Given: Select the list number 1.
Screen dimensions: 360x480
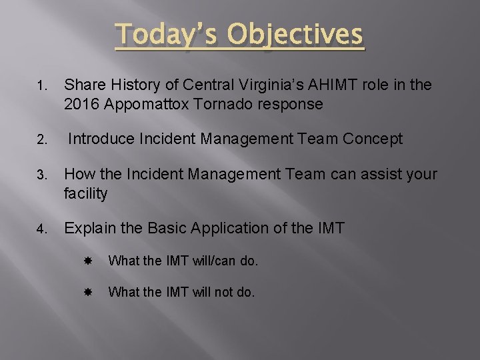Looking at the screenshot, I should click(x=41, y=86).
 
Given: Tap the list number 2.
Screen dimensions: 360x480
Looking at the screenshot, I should click(x=41, y=140).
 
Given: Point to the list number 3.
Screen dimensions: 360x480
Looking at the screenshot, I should click(x=41, y=175).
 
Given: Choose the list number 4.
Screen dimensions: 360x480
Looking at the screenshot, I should click(x=41, y=229).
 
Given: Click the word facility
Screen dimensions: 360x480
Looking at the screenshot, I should click(x=85, y=194).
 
